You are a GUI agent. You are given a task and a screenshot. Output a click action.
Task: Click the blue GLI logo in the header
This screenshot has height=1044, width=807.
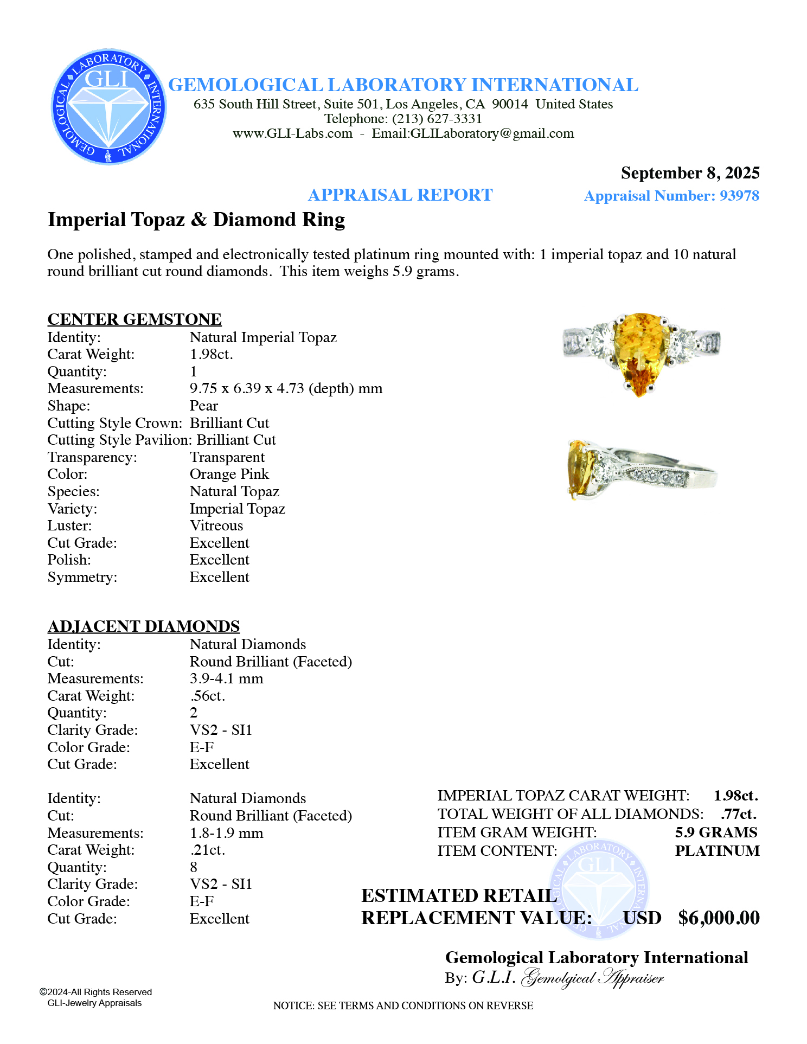pos(109,107)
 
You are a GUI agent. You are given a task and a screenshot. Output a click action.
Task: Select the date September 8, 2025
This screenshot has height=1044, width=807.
pos(690,173)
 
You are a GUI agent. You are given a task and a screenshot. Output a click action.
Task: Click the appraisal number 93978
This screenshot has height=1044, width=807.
pos(739,196)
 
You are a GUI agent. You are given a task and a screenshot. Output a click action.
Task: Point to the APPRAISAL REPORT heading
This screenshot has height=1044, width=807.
pos(400,195)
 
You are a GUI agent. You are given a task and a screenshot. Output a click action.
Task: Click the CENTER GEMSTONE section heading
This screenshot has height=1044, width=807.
pos(134,319)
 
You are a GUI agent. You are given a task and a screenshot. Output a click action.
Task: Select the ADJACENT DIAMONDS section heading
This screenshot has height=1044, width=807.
pos(144,626)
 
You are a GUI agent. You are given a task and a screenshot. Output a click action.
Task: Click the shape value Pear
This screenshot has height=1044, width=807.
pos(204,406)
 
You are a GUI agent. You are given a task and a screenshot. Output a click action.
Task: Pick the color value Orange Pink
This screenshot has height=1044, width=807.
pos(229,474)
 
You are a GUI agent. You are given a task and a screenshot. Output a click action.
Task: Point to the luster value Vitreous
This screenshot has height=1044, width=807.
pos(216,526)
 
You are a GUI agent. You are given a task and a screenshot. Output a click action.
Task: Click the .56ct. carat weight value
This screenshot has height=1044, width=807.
pos(207,696)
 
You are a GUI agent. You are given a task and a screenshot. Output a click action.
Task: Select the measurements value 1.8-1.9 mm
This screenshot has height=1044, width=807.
pos(226,833)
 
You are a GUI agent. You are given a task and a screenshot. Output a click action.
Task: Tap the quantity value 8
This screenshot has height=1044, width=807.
pos(194,867)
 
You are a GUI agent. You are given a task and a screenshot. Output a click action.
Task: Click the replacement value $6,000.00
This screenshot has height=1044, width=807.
pos(719,918)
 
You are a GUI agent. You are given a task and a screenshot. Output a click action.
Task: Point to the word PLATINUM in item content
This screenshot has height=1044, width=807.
pos(717,851)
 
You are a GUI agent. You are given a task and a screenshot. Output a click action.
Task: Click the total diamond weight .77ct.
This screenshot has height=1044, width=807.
pos(739,814)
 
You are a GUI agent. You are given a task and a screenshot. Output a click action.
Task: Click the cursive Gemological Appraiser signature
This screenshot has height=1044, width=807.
pos(592,978)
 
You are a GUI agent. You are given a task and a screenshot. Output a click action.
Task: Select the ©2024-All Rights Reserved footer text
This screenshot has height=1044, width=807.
pos(95,992)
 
